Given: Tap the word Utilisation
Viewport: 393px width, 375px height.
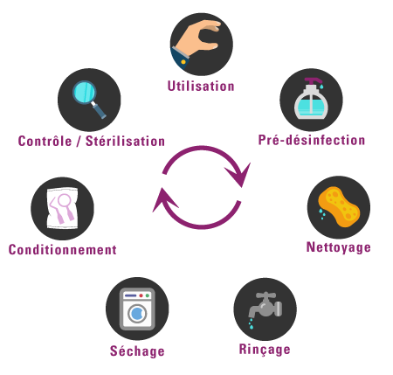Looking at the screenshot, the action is [201, 86].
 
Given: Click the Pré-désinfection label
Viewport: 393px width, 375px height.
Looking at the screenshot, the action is [312, 140].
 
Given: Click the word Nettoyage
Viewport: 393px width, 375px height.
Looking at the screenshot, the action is [339, 247].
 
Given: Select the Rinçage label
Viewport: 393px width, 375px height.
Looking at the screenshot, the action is [265, 349].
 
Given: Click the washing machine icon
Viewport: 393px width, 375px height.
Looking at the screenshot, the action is [137, 309].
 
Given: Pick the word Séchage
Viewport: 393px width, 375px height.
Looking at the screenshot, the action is [137, 351].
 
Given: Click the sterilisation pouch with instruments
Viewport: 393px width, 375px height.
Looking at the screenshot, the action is [63, 208].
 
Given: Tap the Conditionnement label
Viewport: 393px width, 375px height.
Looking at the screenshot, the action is [63, 250].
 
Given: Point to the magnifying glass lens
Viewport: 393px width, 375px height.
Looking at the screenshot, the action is [85, 93].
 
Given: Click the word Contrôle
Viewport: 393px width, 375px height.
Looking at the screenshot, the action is [45, 141].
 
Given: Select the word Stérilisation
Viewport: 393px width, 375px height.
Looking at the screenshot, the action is [125, 141].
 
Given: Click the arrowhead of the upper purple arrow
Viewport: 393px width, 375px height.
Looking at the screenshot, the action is [238, 175].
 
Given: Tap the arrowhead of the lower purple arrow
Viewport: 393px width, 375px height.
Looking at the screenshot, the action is [163, 200].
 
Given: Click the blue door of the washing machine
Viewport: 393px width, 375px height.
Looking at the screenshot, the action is [137, 314].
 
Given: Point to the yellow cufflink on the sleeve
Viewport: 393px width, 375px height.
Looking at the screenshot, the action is [183, 62].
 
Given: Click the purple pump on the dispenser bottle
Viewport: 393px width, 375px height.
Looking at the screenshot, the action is [313, 80].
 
